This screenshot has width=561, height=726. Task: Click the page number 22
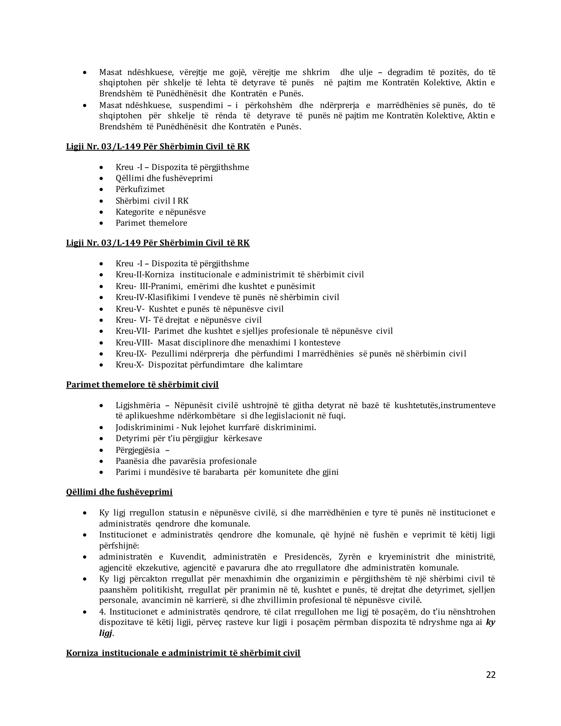coord(491,674)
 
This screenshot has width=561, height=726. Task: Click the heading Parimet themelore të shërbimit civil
coord(142,385)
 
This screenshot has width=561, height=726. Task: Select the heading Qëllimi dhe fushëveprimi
coord(119,492)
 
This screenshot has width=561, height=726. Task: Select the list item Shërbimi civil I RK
coord(152,201)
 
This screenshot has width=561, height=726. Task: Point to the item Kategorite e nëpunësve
coord(161,212)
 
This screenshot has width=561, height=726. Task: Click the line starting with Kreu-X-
coord(209,365)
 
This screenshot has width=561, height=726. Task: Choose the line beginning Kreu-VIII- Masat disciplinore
coord(228,342)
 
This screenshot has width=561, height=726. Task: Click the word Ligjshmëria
coord(138,405)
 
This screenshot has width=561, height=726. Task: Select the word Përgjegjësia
coord(138,450)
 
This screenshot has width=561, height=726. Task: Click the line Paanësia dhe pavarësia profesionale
coord(186,461)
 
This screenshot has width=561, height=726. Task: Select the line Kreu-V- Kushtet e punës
coord(199,309)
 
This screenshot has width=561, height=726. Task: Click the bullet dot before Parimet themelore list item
coord(101,223)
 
